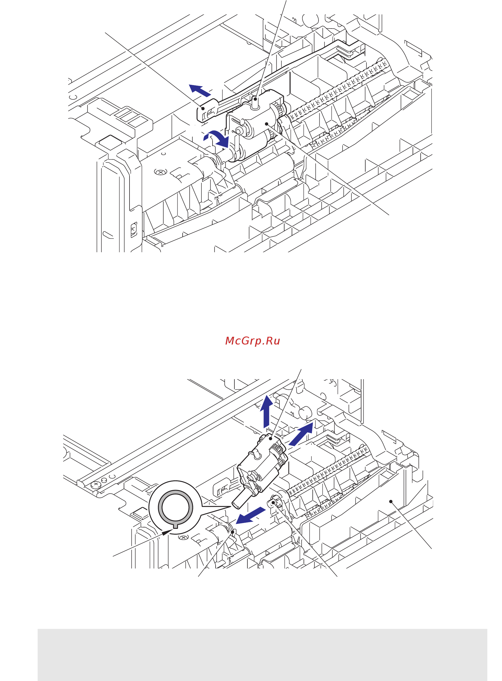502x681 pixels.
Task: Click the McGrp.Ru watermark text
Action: pos(252,341)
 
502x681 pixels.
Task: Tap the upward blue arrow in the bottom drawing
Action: pos(266,411)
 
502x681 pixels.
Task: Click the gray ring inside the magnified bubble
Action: pos(175,507)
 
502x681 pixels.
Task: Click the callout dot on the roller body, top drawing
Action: pos(266,124)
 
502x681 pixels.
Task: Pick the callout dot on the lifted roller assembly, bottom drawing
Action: pos(270,438)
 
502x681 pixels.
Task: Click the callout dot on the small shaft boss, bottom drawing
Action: pos(273,503)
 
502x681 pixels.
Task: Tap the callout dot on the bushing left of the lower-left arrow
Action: pos(233,532)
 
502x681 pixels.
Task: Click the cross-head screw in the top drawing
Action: pos(161,172)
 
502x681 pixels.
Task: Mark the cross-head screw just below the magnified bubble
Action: pos(183,538)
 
